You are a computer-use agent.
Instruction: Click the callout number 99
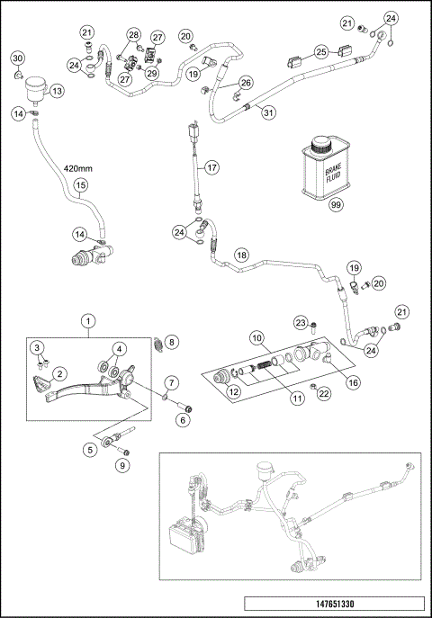[x=337, y=206]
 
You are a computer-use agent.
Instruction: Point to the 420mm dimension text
[x=78, y=168]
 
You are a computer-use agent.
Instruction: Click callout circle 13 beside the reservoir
[x=57, y=91]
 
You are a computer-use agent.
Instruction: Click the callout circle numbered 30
[x=17, y=58]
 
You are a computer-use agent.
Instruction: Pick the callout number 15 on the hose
[x=79, y=187]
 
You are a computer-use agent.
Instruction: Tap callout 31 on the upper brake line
[x=265, y=111]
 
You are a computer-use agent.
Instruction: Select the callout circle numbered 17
[x=211, y=167]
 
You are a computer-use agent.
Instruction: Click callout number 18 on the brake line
[x=241, y=255]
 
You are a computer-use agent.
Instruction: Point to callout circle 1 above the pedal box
[x=87, y=319]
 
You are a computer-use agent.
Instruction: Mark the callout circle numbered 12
[x=235, y=390]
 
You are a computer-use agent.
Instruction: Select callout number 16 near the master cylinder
[x=353, y=382]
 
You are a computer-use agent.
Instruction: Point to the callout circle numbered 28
[x=133, y=35]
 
